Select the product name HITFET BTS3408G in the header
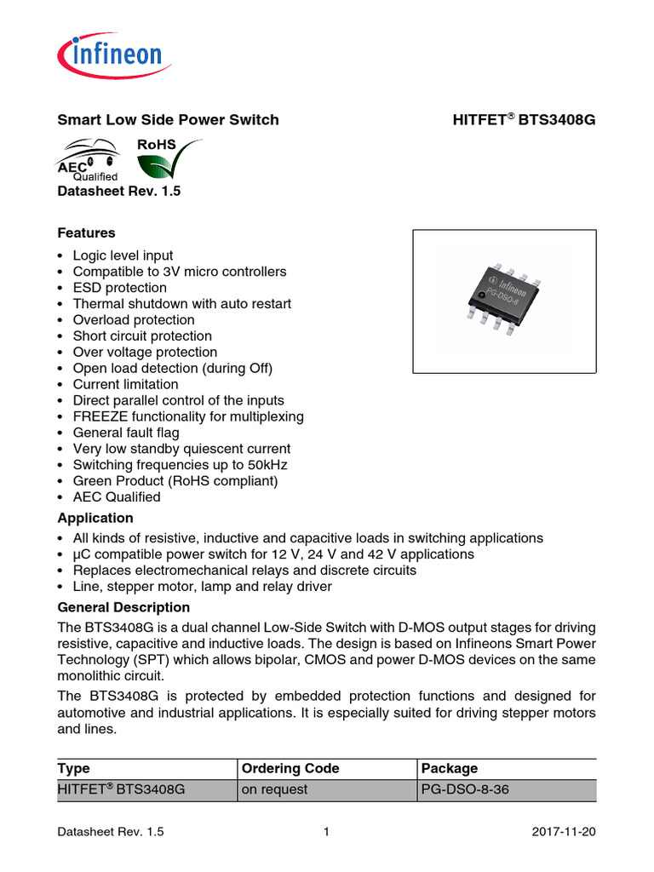[x=524, y=120]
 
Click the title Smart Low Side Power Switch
[x=168, y=120]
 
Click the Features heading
[x=86, y=232]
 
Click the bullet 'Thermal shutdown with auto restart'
[x=181, y=304]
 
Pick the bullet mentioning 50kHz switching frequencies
[x=180, y=465]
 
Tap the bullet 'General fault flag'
[x=126, y=433]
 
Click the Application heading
[x=95, y=518]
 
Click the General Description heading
[x=123, y=607]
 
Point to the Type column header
[x=73, y=768]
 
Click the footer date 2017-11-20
[x=564, y=833]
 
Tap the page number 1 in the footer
[x=326, y=833]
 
